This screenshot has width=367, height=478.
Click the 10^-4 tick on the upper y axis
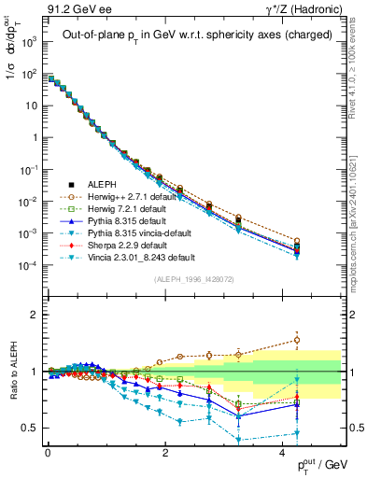[x=28, y=265]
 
